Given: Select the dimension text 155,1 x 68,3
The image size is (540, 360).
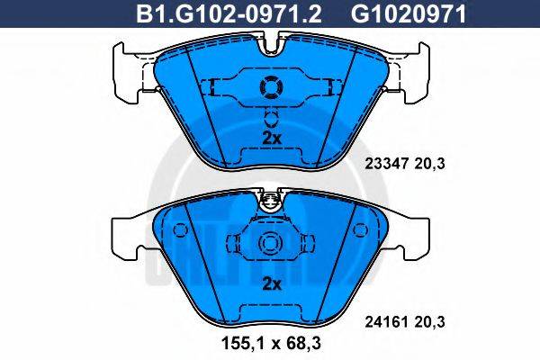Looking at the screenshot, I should click(271, 343).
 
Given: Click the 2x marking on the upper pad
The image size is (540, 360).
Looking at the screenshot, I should click(271, 137).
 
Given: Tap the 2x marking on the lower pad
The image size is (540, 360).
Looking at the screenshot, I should click(271, 284).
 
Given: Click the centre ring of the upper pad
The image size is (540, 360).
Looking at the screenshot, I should click(270, 87).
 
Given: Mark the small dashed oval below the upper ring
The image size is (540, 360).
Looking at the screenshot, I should click(270, 116).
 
